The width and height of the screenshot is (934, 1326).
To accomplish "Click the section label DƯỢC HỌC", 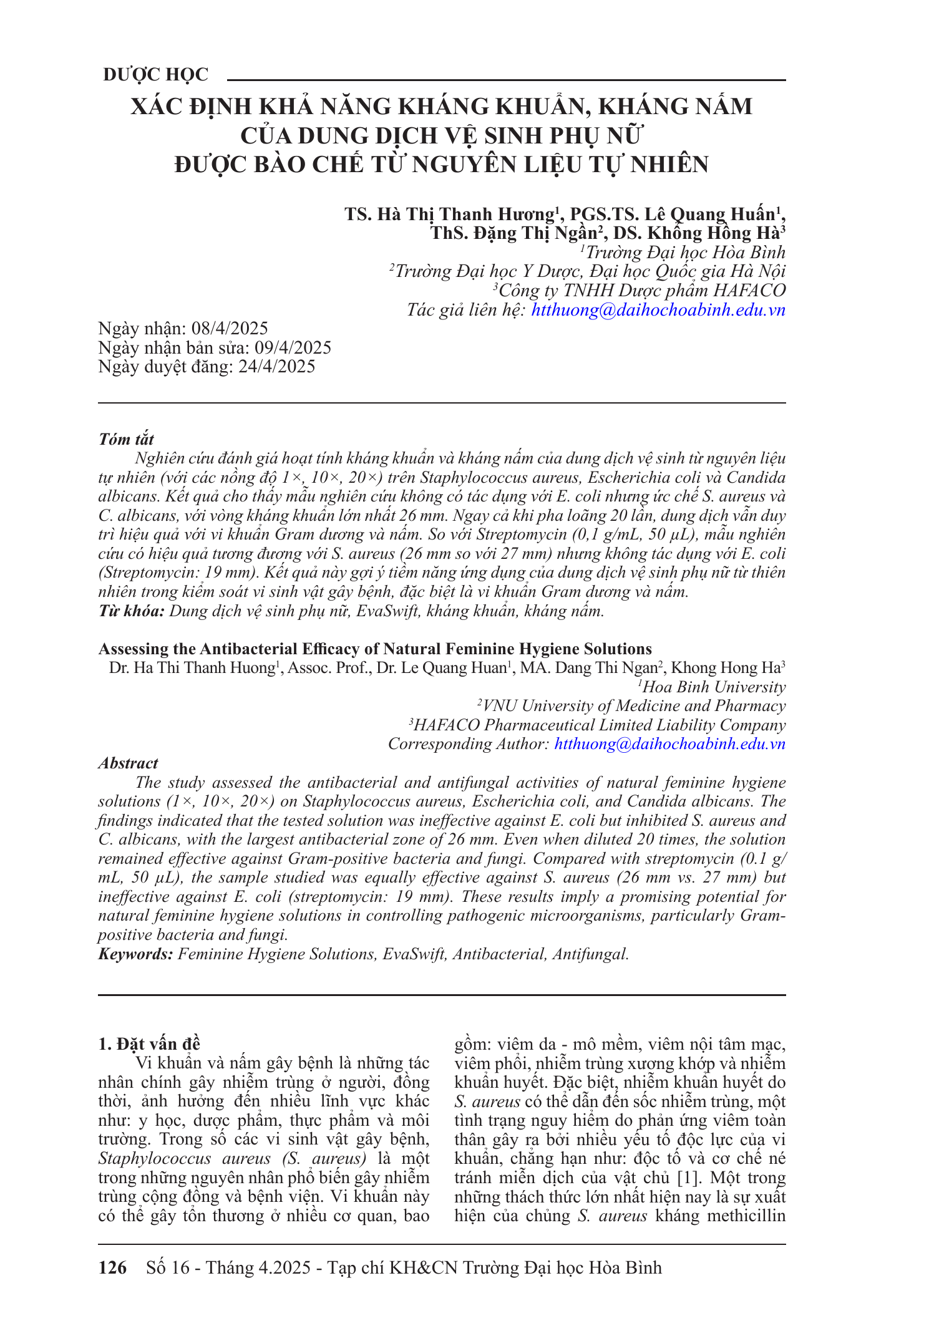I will pyautogui.click(x=155, y=75).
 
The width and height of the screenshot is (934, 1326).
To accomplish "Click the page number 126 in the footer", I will pyautogui.click(x=113, y=1267).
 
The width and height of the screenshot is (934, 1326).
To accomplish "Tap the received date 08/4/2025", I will pyautogui.click(x=230, y=329).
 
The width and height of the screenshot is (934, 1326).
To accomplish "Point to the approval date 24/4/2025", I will pyautogui.click(x=277, y=366).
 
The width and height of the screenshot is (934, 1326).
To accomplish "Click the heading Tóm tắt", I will pyautogui.click(x=126, y=439).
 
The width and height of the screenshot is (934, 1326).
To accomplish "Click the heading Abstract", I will pyautogui.click(x=128, y=763).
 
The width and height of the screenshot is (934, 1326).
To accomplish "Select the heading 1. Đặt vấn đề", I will pyautogui.click(x=150, y=1044).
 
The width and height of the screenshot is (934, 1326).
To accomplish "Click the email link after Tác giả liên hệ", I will pyautogui.click(x=658, y=310).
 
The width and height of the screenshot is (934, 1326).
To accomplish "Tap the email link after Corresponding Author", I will pyautogui.click(x=669, y=744).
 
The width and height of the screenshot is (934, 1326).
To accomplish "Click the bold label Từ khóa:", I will pyautogui.click(x=131, y=611).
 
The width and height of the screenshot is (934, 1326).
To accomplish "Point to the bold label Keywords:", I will pyautogui.click(x=135, y=954).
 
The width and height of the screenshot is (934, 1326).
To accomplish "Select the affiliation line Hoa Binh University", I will pyautogui.click(x=713, y=687).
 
